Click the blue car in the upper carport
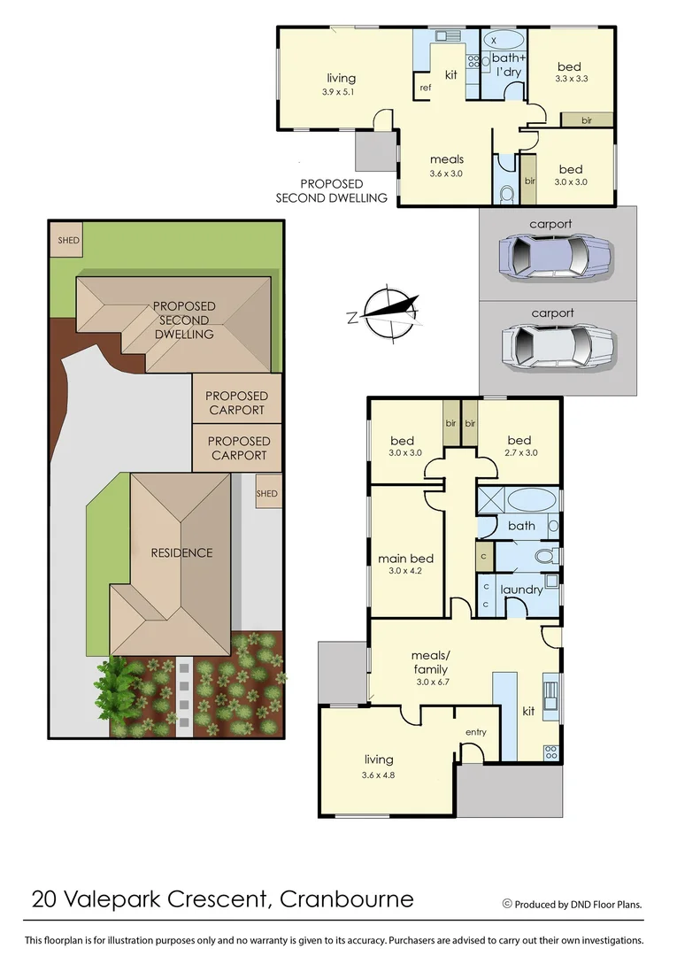[557, 257]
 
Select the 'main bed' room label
[405, 559]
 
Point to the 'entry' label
[475, 732]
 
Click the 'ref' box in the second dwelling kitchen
[425, 87]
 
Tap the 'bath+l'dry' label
[504, 65]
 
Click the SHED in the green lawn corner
[68, 240]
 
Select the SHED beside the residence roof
[266, 494]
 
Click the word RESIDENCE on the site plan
[181, 552]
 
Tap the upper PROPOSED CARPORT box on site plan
[236, 403]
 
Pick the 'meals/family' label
[430, 663]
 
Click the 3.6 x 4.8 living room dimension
[379, 775]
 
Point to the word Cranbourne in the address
[346, 899]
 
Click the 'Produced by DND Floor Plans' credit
[573, 904]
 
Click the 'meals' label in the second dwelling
[447, 160]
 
